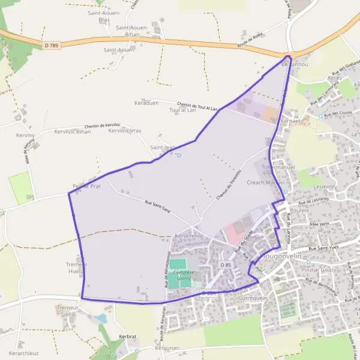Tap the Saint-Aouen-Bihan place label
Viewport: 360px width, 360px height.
coord(128,31)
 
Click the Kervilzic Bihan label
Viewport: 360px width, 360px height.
coord(72,131)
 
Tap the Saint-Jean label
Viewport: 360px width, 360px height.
coord(162,147)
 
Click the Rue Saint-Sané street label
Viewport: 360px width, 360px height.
coord(158,205)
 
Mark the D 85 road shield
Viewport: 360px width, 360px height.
coord(226,265)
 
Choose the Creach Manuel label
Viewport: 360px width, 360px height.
coord(264,182)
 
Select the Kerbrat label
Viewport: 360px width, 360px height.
coord(128,337)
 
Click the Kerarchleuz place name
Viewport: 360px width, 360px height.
coord(25,353)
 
